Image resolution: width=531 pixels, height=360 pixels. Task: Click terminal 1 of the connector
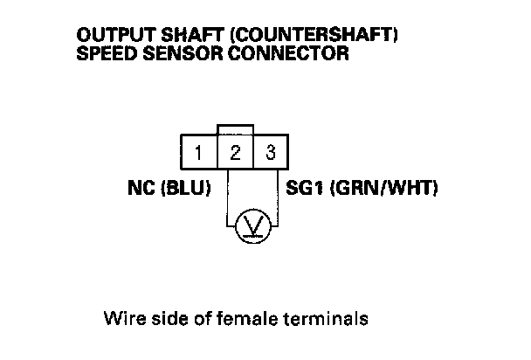tap(199, 153)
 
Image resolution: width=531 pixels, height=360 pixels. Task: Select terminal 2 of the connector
tap(235, 153)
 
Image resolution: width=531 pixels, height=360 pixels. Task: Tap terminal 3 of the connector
tap(271, 153)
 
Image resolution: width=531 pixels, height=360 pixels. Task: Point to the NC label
tap(141, 188)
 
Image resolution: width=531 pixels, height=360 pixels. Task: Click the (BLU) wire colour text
tap(185, 188)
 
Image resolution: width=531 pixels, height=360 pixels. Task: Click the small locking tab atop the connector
tap(235, 128)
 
